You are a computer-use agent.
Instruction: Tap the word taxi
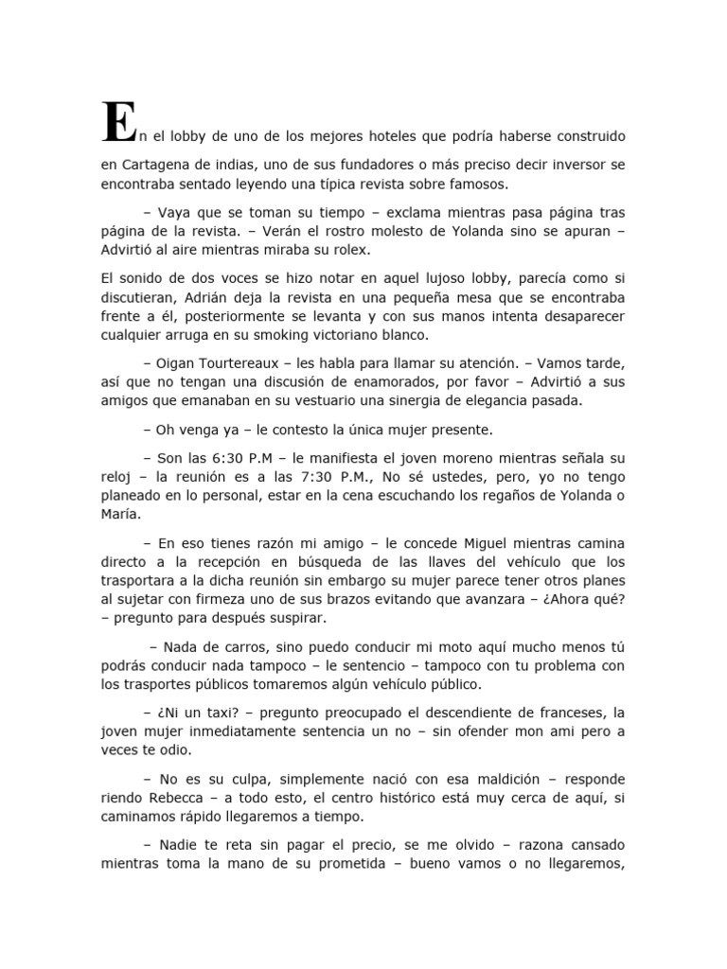(x=199, y=711)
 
